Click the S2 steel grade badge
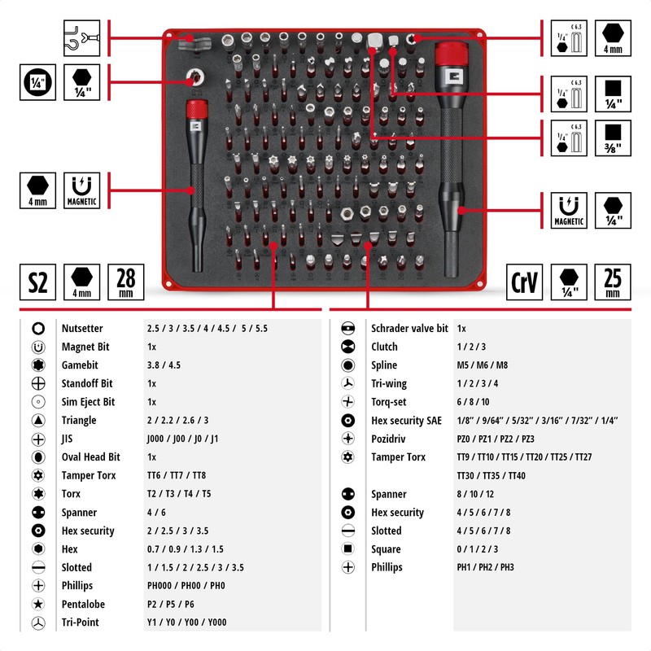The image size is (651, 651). coord(38,282)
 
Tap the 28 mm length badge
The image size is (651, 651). coord(126,282)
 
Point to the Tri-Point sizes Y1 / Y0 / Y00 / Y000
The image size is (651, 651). coord(186,623)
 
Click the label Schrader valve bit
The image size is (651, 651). coord(409,328)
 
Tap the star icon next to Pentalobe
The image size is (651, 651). coord(37,604)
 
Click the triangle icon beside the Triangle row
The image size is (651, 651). coord(37,420)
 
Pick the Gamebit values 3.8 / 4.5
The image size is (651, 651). coord(164,365)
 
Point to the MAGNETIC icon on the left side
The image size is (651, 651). coord(81,190)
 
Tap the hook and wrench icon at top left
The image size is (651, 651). coord(81,37)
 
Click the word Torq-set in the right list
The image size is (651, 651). coord(388,401)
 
